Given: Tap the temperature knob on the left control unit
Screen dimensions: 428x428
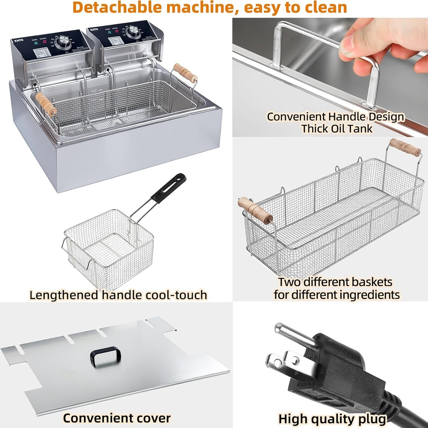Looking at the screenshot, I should point(64,41).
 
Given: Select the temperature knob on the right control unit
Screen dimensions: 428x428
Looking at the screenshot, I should point(134,31).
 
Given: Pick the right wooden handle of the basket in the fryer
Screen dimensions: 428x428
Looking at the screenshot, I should point(185,73).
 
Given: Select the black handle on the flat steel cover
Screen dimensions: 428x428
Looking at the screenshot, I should point(105,357).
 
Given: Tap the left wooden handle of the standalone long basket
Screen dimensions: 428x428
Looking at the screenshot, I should point(255,211).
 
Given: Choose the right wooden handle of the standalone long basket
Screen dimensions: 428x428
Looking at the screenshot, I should point(405,148).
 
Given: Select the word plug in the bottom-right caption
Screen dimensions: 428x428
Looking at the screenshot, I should point(372,418).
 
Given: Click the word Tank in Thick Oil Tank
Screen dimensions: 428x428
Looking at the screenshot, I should point(358,128).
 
